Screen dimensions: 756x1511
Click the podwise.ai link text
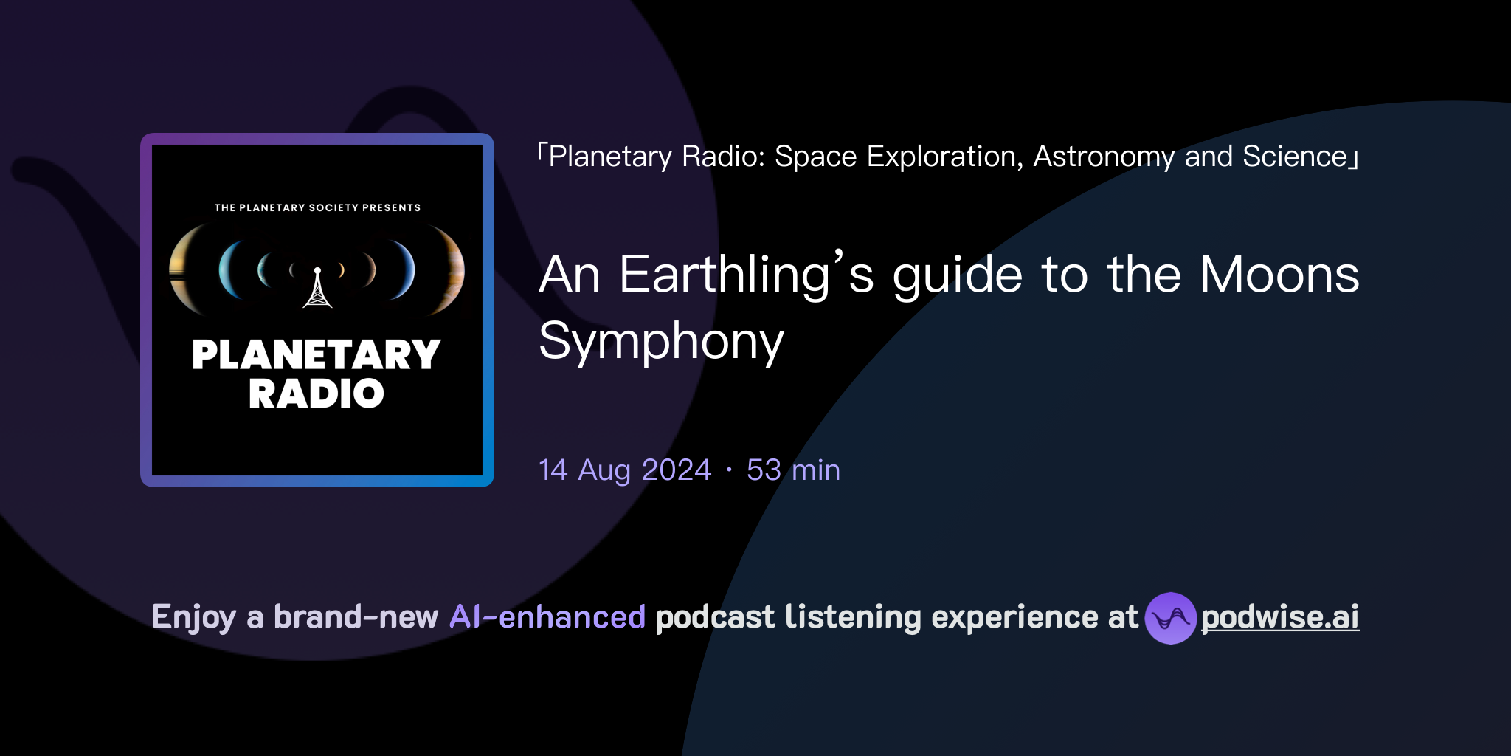tap(1279, 617)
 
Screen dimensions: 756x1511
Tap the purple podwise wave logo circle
tap(1169, 618)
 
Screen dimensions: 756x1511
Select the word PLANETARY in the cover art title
tap(317, 355)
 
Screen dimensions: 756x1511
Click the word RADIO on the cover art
tap(317, 394)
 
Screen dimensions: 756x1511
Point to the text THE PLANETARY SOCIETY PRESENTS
tap(317, 207)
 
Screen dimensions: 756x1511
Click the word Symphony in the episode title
tap(661, 342)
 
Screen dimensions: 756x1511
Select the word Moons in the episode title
tap(1279, 275)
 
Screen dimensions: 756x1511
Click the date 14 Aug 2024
tap(625, 470)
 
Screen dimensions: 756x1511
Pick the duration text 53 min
tap(793, 470)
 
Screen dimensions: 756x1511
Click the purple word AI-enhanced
tap(547, 617)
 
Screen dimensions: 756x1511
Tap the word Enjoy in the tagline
tap(194, 617)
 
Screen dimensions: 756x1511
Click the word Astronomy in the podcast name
tap(1104, 157)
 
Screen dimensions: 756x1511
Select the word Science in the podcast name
tap(1295, 157)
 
